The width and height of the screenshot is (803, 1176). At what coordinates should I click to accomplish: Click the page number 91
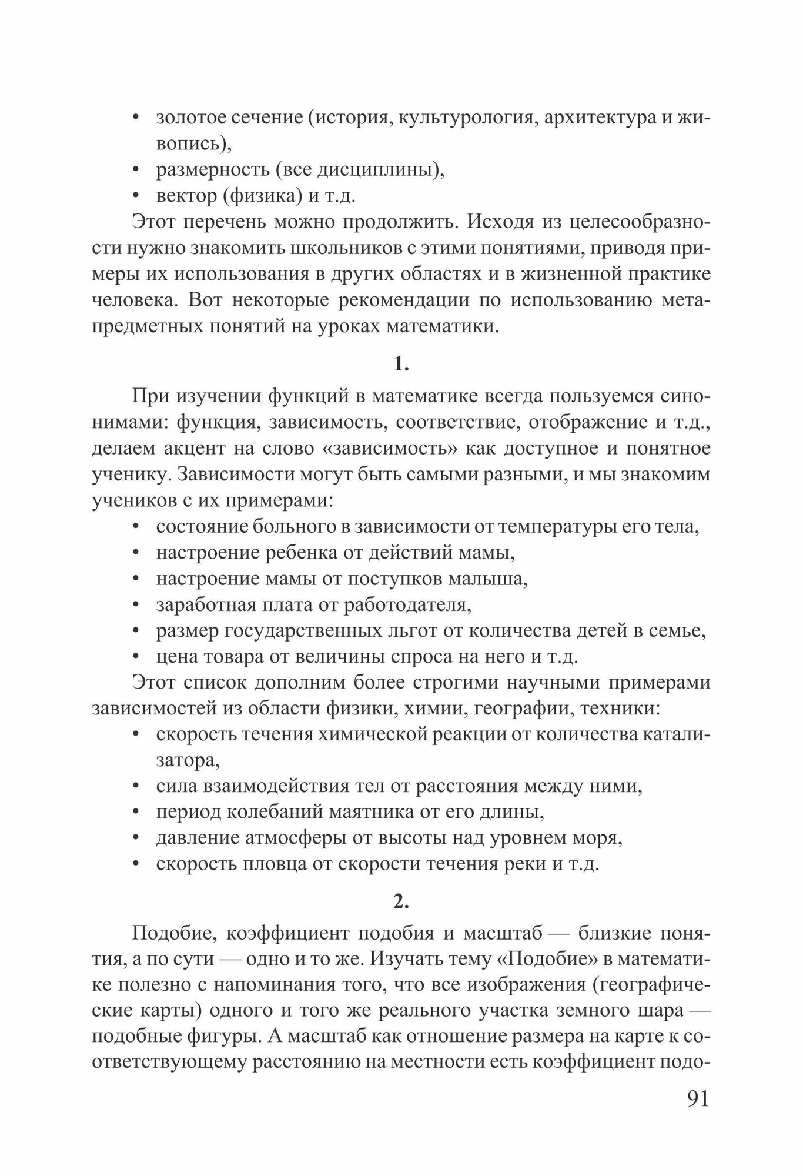698,1098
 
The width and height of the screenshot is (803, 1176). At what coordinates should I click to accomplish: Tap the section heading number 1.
401,365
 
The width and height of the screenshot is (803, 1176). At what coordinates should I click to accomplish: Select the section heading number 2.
401,901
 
